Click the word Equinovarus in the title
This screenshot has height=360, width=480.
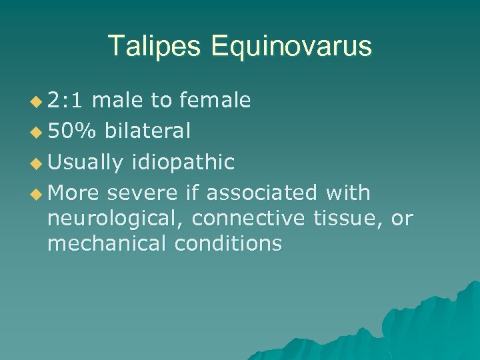(x=291, y=46)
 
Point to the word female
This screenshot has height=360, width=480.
(x=213, y=100)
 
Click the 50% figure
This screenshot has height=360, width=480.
(x=71, y=131)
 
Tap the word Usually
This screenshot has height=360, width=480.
(x=86, y=162)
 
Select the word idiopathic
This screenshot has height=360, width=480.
(x=183, y=162)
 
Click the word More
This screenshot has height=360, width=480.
(x=73, y=193)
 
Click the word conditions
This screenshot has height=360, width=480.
(x=228, y=243)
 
